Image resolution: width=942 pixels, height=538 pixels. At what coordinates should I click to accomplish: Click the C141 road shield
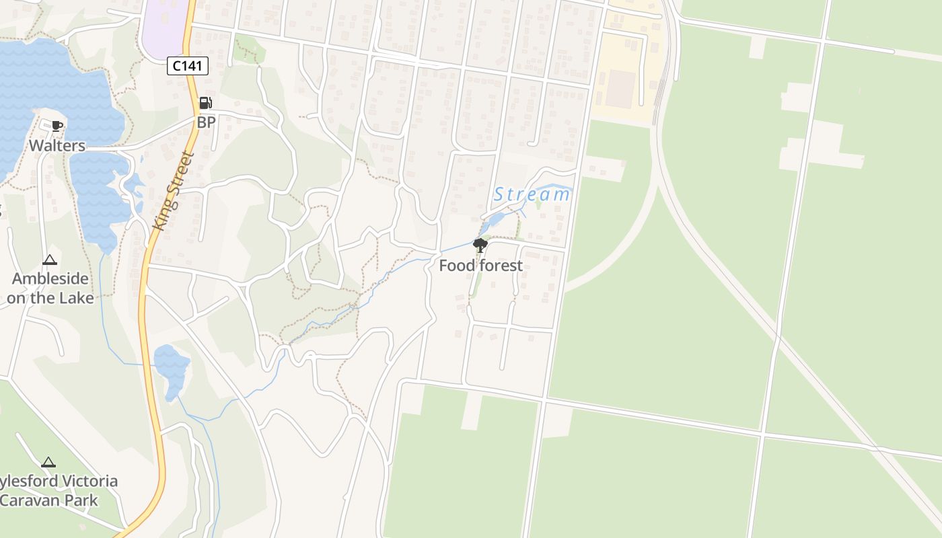coord(188,65)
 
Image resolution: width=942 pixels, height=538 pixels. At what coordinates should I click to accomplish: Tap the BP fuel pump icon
coord(205,103)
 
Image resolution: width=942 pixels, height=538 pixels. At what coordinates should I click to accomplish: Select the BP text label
coord(206,122)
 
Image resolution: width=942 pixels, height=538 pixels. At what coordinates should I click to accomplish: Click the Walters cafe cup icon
coord(57,126)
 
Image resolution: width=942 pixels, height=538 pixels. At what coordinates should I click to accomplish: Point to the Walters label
coord(57,145)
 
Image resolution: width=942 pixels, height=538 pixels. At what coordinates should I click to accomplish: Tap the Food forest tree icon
coord(480,245)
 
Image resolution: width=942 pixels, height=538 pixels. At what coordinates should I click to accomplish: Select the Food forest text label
coord(480,266)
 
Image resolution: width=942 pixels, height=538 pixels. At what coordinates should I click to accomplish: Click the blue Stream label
coord(532,195)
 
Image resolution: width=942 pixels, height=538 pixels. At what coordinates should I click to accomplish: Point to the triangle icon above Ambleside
coord(50,260)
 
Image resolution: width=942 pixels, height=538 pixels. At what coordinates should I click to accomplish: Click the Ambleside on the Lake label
coord(50,288)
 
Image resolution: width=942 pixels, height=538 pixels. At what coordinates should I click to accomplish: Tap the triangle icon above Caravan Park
coord(48,462)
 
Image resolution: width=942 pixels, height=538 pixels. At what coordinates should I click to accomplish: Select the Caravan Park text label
coord(49,500)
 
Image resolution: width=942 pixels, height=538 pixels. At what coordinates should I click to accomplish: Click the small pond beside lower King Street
coord(171,370)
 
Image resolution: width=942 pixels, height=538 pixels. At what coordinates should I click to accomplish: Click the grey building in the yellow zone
coord(620,89)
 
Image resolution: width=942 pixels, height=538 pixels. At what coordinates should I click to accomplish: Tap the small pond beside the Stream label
coord(495,220)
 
